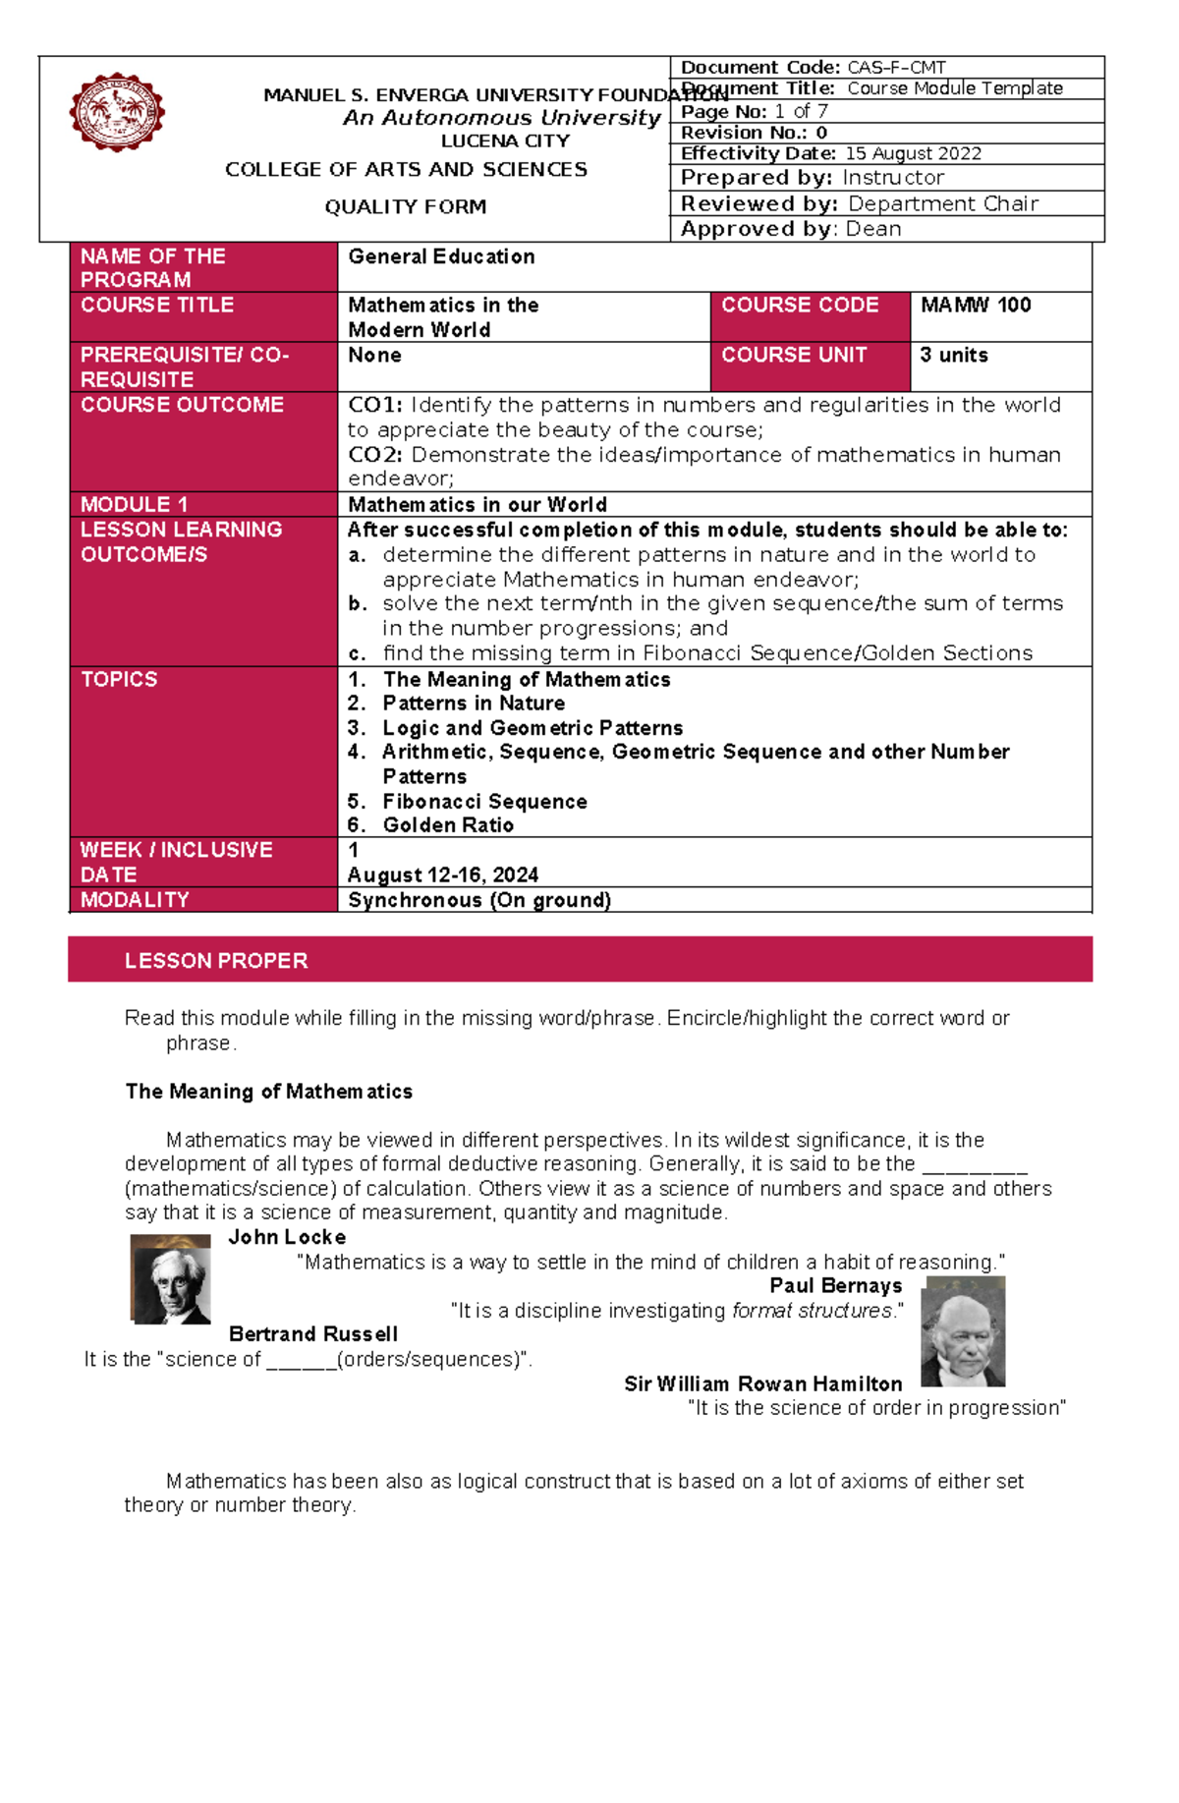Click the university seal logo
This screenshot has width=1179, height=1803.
[x=117, y=112]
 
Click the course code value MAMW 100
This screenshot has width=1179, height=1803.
[x=976, y=306]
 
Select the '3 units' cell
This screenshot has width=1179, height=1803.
[x=954, y=356]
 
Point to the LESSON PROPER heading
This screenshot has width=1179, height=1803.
[x=216, y=961]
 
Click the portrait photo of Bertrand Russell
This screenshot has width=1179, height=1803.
[x=171, y=1279]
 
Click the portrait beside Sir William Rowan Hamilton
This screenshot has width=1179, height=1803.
[x=963, y=1332]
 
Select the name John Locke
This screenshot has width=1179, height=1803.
[x=287, y=1237]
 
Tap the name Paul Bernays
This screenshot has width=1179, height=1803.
[x=835, y=1286]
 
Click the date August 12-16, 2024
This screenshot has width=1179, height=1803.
[x=443, y=874]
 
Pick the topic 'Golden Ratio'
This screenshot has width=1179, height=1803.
[x=448, y=825]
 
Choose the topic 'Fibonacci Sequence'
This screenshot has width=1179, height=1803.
[x=484, y=802]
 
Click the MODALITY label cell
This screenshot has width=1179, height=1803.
[x=135, y=900]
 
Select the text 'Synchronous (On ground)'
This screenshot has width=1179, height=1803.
[x=479, y=900]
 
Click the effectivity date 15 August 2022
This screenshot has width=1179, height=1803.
[x=913, y=154]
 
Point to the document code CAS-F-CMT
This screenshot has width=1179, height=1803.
[x=896, y=68]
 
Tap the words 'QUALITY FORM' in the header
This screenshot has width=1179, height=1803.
[x=406, y=207]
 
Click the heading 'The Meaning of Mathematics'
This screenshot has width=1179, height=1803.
[x=268, y=1092]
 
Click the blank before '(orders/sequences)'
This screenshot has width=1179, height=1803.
[x=301, y=1361]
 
